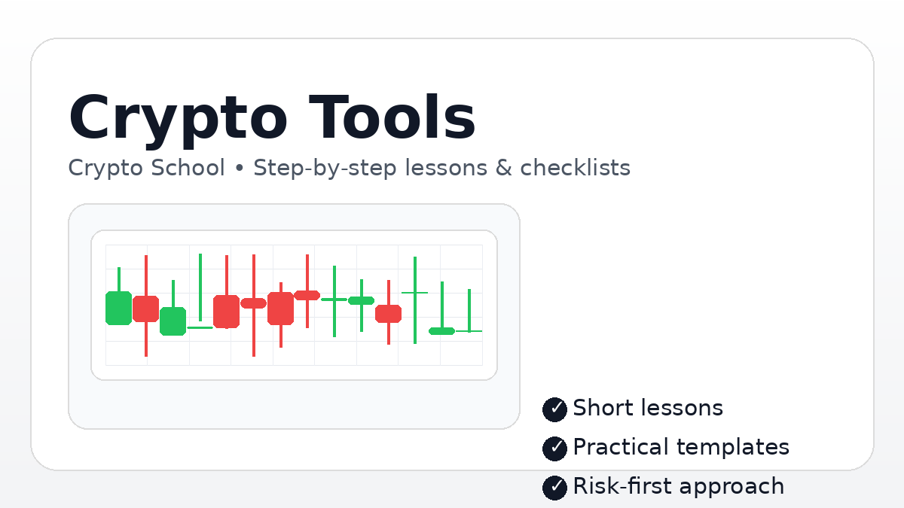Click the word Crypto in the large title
click(177, 118)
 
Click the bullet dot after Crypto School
click(240, 169)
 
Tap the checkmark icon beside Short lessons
click(554, 409)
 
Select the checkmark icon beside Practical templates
click(554, 449)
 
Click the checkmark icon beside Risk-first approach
click(554, 488)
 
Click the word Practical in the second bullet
click(621, 447)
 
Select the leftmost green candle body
click(118, 308)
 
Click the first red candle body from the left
click(145, 309)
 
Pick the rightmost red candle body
click(389, 313)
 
